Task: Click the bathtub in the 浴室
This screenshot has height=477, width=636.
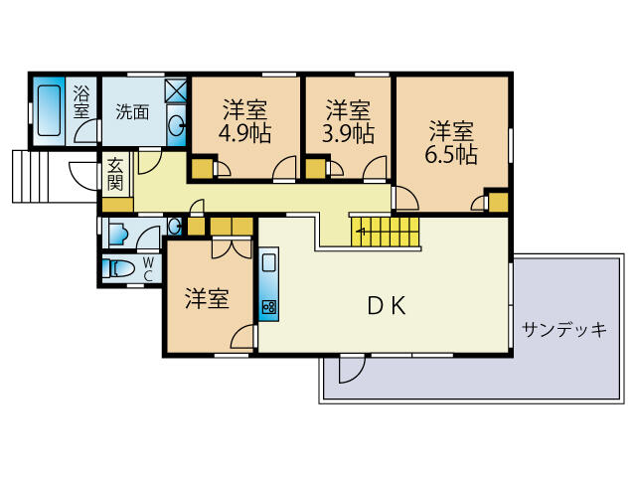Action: (x=49, y=110)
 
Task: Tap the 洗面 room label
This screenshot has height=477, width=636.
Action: (x=132, y=112)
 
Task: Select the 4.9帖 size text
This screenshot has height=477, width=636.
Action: (x=244, y=132)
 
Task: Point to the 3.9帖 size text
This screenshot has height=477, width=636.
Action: (x=348, y=132)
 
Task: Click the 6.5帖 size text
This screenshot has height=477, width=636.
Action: (x=451, y=154)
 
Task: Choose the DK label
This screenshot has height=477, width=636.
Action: (x=387, y=306)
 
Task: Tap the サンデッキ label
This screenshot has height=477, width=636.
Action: (x=564, y=329)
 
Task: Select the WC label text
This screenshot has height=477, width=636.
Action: (x=148, y=268)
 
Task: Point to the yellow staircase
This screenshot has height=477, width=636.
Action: (x=385, y=232)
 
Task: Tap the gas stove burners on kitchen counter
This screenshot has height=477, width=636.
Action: (x=269, y=307)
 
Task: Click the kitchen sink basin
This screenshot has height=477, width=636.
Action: (x=269, y=262)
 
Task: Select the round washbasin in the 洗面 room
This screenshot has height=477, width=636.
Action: (x=177, y=125)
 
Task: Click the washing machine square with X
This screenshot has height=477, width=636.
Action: (x=176, y=90)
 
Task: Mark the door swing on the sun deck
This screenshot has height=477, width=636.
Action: (x=352, y=369)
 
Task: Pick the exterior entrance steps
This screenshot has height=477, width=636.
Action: (x=31, y=177)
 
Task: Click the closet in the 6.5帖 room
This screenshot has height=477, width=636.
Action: (x=498, y=201)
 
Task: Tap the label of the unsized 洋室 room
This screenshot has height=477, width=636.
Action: (x=207, y=298)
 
